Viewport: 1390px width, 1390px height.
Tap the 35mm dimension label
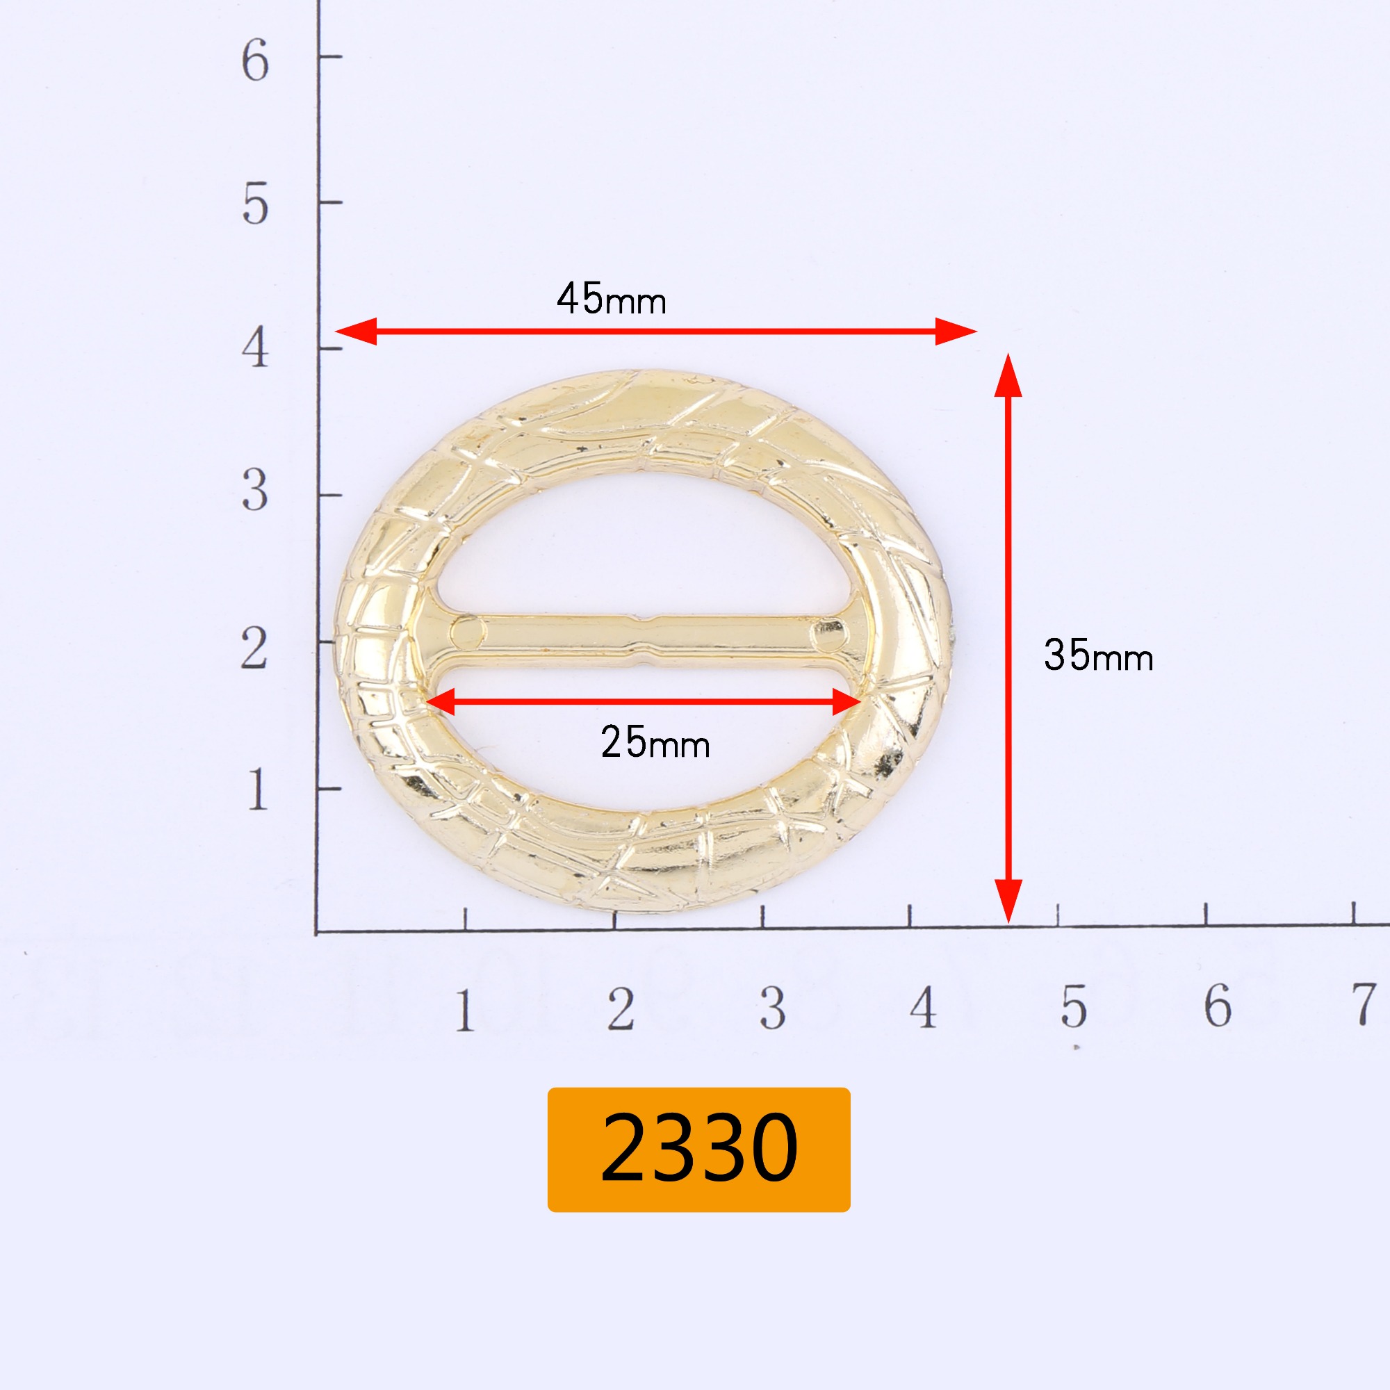pos(1099,655)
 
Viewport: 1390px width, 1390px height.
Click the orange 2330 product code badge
pos(698,1149)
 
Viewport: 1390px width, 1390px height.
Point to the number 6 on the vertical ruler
pos(255,60)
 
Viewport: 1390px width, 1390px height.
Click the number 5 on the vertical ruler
pos(255,204)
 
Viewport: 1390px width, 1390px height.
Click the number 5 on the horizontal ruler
pos(1074,1006)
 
